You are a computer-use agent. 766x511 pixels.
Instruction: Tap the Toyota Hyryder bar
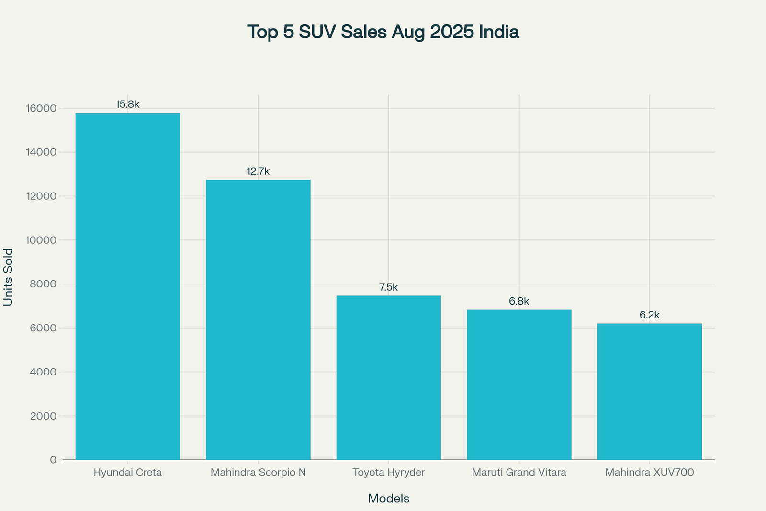(389, 378)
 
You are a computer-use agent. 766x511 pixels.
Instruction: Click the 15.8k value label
(128, 104)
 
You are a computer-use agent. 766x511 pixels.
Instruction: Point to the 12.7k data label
(258, 171)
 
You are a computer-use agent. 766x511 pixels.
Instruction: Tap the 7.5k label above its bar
(389, 287)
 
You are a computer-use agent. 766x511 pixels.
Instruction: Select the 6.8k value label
(519, 301)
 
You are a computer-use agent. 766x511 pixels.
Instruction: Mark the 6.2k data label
(650, 315)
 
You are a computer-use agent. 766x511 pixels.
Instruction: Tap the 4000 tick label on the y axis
(45, 372)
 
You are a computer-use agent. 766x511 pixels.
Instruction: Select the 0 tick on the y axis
(53, 460)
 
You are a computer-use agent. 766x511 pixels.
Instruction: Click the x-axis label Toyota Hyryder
(389, 473)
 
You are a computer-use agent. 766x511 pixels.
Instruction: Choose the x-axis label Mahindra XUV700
(650, 473)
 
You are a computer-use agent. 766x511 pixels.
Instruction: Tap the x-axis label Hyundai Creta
(128, 473)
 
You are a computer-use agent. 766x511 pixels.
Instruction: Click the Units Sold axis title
(8, 277)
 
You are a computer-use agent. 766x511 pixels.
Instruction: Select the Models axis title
(389, 499)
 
